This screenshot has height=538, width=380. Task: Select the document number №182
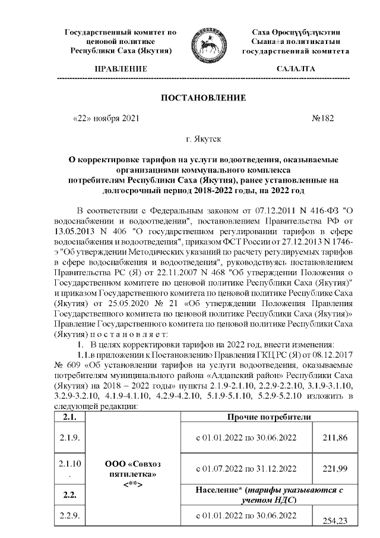click(323, 118)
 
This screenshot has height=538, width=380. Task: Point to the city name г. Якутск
click(203, 140)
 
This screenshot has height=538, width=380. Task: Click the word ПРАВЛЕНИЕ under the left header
click(121, 69)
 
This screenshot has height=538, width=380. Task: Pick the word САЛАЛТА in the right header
click(296, 69)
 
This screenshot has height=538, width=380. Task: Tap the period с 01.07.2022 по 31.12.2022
click(246, 468)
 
